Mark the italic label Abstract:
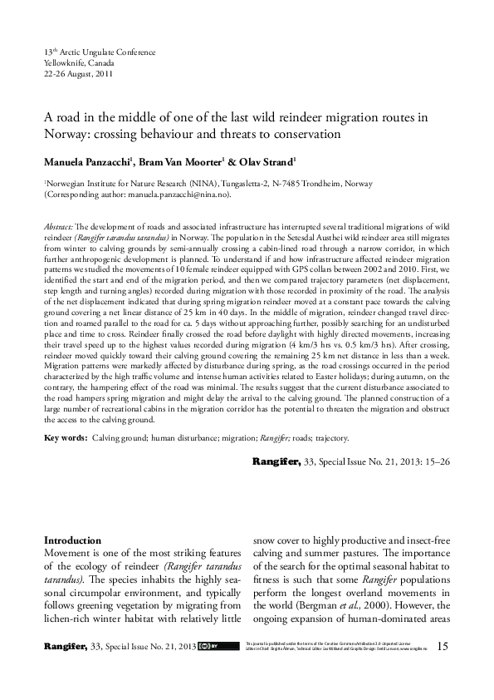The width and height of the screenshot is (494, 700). pyautogui.click(x=59, y=226)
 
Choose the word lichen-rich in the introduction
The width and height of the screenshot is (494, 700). pyautogui.click(x=71, y=619)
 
